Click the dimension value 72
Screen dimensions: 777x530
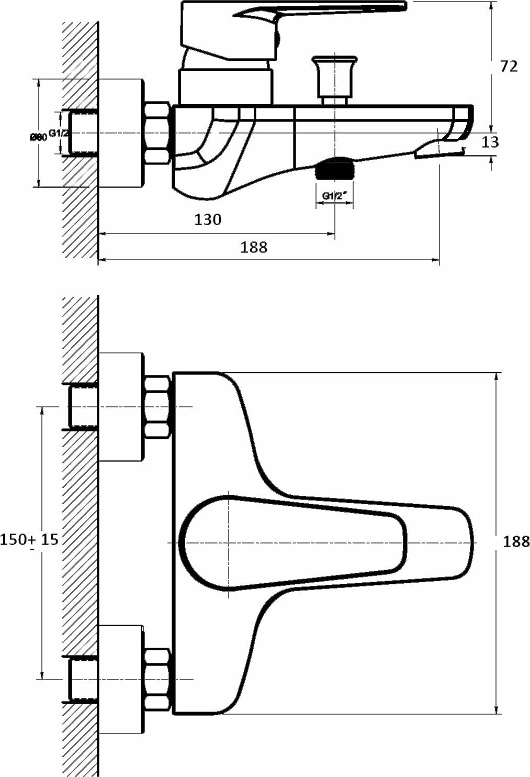[508, 66]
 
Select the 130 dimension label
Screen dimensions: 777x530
[208, 219]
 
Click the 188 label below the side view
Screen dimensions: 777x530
[254, 247]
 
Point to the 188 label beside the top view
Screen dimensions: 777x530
[516, 541]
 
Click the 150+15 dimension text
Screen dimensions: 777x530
[29, 539]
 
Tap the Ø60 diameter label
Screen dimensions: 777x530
[39, 137]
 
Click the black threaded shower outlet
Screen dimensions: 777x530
[335, 170]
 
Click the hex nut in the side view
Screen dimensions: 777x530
[157, 134]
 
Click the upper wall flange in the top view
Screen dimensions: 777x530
[121, 407]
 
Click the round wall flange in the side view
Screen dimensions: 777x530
[121, 134]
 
